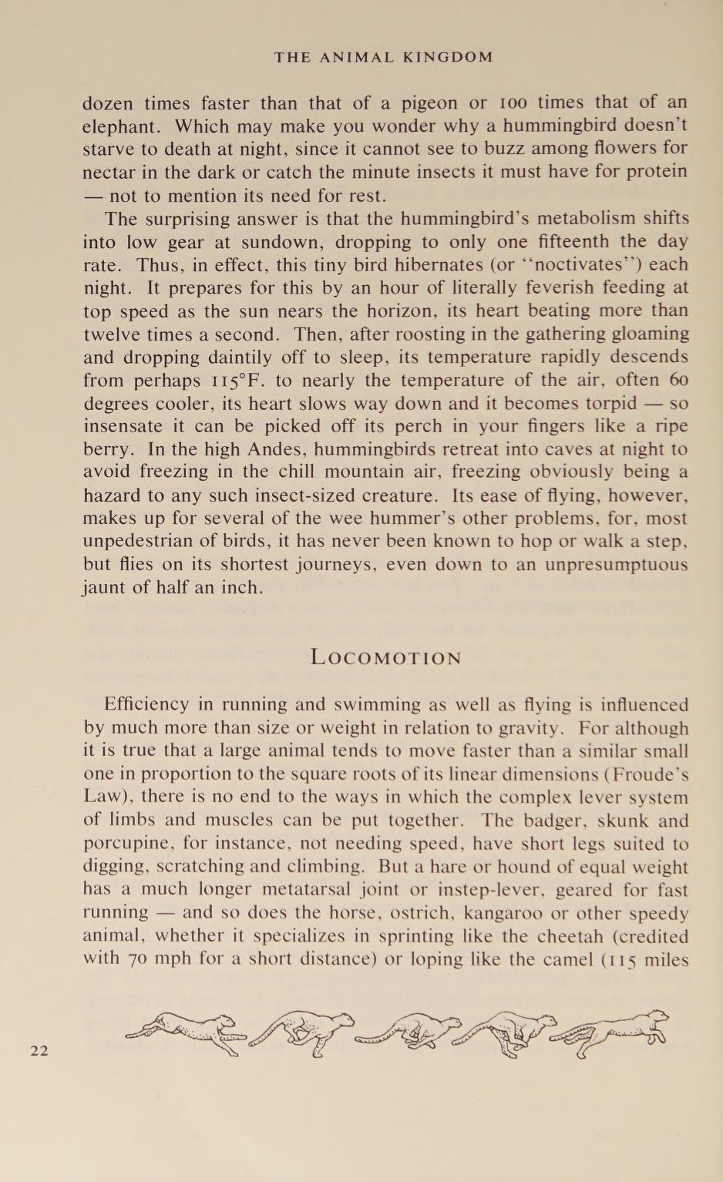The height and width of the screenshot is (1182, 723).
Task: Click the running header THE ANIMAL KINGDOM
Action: [384, 57]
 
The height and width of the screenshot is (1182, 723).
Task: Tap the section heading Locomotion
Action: [385, 657]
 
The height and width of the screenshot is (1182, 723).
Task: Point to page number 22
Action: [39, 1049]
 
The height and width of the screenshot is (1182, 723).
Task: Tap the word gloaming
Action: [647, 334]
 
